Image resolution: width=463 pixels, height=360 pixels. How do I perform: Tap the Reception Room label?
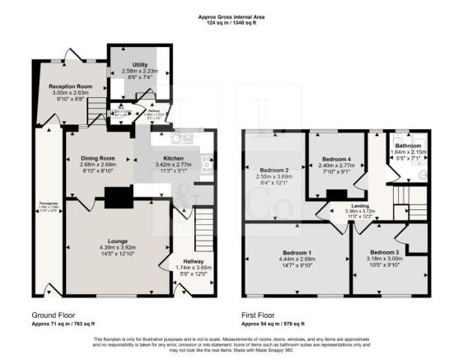[x=71, y=86]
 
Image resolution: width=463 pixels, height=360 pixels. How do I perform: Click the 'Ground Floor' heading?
[x=55, y=316]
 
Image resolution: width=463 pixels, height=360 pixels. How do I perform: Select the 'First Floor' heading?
[x=260, y=316]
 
